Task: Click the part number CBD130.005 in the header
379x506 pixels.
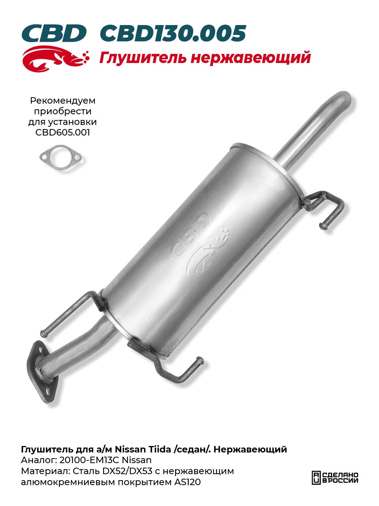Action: (173, 33)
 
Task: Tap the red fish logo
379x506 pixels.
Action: (55, 59)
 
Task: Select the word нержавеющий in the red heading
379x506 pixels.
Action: (251, 58)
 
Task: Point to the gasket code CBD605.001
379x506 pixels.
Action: (63, 132)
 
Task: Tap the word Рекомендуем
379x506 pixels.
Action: (63, 101)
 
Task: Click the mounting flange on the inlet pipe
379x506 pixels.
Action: (42, 375)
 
